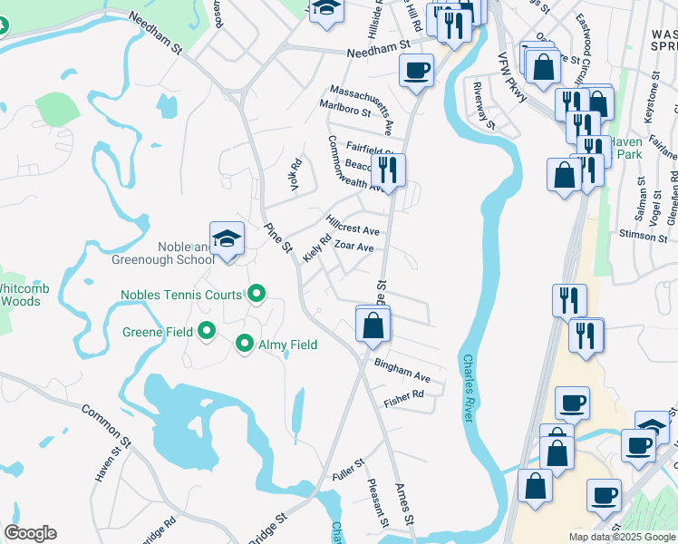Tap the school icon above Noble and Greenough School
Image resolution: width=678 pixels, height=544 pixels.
[227, 239]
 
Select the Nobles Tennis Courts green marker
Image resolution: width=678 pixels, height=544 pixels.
[257, 295]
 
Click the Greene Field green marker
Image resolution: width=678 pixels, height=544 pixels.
[207, 332]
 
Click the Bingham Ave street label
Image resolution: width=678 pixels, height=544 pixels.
[402, 369]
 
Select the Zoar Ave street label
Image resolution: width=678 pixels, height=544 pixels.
[354, 247]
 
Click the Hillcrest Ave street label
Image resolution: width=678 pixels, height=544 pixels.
[353, 225]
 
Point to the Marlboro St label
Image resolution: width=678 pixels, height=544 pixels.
[345, 111]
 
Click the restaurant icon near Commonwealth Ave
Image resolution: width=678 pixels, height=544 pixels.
[388, 170]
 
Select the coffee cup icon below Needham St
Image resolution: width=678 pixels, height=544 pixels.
[416, 70]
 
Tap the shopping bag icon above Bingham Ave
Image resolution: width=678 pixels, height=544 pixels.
[373, 325]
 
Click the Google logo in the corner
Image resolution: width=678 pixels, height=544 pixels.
[30, 533]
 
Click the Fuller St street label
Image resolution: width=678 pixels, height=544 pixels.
[347, 468]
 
